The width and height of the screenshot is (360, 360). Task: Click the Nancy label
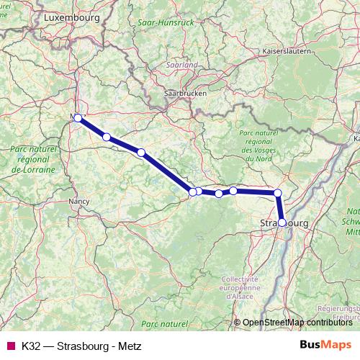tap(78, 202)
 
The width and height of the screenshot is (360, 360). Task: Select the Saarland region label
tap(184, 65)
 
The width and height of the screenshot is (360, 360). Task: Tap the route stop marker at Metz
tap(78, 117)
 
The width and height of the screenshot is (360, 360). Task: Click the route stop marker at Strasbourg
tap(282, 222)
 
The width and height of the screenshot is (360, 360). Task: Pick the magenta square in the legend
tap(10, 346)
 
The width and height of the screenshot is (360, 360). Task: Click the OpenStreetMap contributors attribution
tap(297, 322)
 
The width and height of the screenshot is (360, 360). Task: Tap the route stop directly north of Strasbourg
tap(277, 193)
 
